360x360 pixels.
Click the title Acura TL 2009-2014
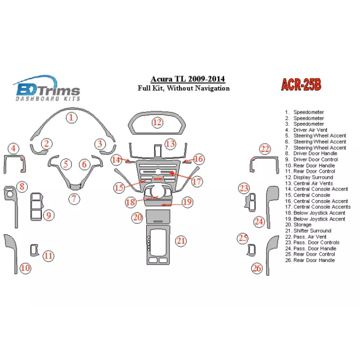188,80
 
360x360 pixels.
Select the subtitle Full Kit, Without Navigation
184,88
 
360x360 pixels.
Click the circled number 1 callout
71,118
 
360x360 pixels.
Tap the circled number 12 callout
157,122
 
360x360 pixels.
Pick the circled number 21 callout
181,241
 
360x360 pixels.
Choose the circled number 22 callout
265,149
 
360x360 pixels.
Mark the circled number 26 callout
257,269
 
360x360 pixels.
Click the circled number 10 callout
26,268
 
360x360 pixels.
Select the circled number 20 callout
137,218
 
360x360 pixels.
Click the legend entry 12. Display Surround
313,177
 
